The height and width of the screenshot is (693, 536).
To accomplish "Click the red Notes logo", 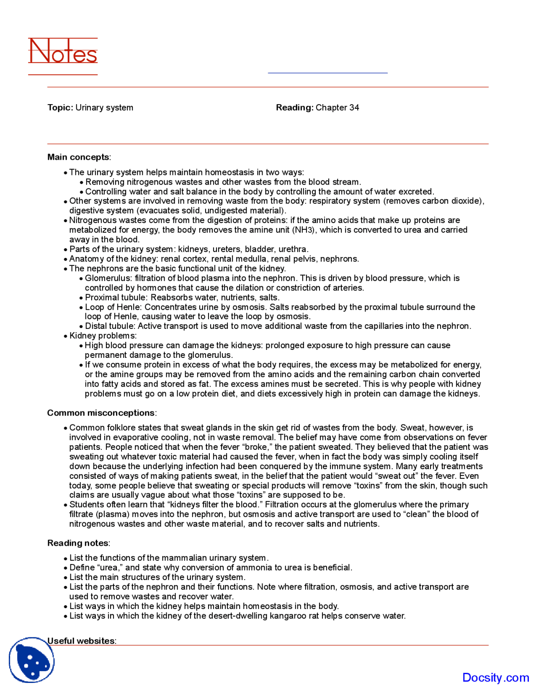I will [63, 52].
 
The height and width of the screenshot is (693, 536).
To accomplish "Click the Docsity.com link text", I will [495, 678].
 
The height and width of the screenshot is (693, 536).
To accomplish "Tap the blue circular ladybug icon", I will [32, 660].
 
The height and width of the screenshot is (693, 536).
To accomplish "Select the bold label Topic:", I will [60, 108].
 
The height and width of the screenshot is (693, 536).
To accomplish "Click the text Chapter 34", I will [337, 108].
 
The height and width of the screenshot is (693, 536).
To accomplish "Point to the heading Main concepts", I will [78, 157].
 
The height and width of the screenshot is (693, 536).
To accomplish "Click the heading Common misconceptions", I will [101, 413].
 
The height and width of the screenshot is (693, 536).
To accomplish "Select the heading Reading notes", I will [78, 543].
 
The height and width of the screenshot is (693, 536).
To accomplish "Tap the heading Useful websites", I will [81, 641].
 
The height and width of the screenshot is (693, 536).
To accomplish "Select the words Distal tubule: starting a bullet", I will [110, 326].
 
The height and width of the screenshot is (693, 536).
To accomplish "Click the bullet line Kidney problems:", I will [103, 336].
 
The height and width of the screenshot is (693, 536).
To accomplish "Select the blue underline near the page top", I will [327, 73].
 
